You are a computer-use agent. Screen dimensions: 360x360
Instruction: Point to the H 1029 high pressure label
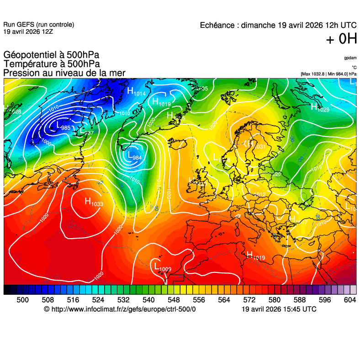[x=320, y=108]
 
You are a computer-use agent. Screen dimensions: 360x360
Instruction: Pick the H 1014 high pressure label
[x=136, y=92]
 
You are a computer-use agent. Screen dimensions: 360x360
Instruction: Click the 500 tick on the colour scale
[x=22, y=300]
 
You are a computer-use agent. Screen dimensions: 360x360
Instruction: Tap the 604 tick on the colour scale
[x=350, y=300]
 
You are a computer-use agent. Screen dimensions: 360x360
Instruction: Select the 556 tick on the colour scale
[x=199, y=300]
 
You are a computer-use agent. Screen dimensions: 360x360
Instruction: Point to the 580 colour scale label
[x=274, y=300]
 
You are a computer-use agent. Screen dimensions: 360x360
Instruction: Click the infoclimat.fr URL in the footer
[x=120, y=309]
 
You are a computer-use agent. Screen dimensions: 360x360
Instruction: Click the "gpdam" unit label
[x=350, y=58]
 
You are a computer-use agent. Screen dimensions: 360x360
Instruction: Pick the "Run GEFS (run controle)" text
[x=38, y=25]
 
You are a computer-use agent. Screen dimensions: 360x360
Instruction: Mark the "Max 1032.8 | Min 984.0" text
[x=325, y=73]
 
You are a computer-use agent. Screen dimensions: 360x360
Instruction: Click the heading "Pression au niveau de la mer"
[x=64, y=73]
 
